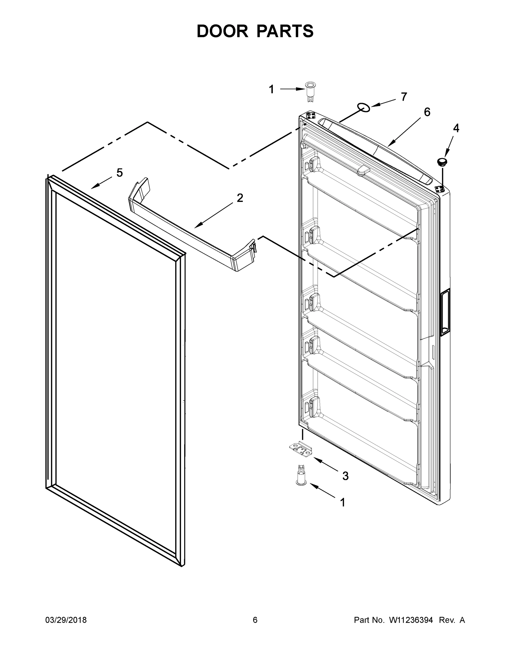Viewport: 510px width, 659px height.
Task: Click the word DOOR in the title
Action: point(222,31)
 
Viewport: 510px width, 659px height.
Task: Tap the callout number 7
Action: point(404,97)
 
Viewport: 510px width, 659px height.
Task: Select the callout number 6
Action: point(427,112)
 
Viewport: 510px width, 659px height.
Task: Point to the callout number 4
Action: point(456,128)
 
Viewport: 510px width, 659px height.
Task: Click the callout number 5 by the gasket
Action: point(120,173)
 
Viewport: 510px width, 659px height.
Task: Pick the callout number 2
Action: point(239,198)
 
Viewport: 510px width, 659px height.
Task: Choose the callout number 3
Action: point(345,476)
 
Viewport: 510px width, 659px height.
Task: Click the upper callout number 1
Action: point(271,89)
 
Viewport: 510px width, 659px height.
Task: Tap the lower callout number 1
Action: point(342,502)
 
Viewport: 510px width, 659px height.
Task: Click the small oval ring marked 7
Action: point(363,107)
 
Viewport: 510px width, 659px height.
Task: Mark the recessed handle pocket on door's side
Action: point(445,312)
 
